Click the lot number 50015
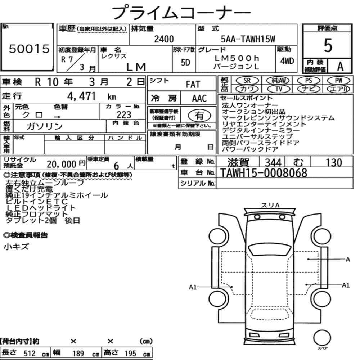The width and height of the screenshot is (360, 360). coord(29,49)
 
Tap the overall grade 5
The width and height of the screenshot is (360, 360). coord(328,45)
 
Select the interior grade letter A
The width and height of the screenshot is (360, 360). coord(340,66)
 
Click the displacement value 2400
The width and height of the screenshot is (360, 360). coord(164,39)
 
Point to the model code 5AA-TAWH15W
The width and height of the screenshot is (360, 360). coord(248,39)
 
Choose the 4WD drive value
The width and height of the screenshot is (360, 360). coord(287,61)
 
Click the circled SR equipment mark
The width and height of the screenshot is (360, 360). coord(247,81)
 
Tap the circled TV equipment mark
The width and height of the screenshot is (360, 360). coord(279,89)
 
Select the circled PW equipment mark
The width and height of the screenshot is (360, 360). coord(338,81)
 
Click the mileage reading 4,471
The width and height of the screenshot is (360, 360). coord(81,96)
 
